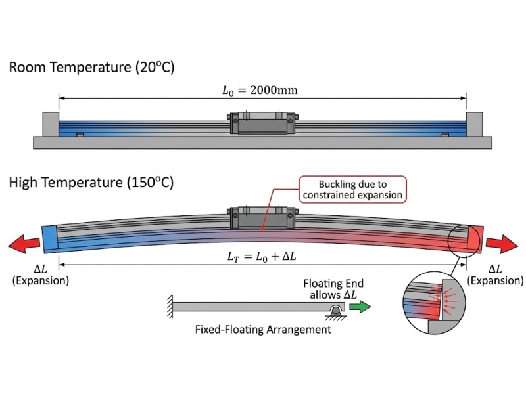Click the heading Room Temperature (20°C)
point(91,67)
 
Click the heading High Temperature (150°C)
point(91,183)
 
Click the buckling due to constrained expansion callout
point(352,188)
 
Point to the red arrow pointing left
point(24,245)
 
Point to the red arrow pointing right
point(502,245)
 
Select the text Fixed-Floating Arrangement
point(263,330)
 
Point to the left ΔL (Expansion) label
point(40,275)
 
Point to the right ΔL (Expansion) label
point(495,275)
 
